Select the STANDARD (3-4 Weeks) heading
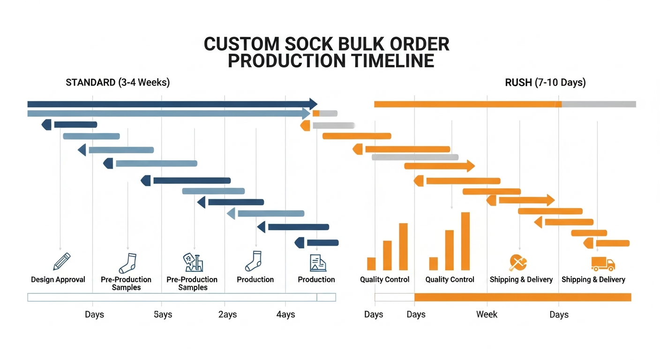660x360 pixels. pos(118,83)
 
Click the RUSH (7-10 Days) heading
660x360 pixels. pos(545,83)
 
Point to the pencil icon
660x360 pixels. pos(61,261)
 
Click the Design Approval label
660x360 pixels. pos(58,280)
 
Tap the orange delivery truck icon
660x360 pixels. pos(602,263)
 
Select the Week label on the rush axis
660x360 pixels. pos(487,315)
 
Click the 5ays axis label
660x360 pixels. pos(163,315)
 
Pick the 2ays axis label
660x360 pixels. pos(227,315)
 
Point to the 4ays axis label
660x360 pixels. pos(285,315)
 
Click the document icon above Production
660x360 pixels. pos(317,262)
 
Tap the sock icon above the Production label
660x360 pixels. pos(254,261)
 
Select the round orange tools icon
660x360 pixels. pos(518,262)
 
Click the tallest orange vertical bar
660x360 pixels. pos(465,241)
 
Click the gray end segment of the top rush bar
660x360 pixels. pos(599,104)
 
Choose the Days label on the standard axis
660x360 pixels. pos(94,315)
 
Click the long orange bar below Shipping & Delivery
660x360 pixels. pos(523,297)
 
